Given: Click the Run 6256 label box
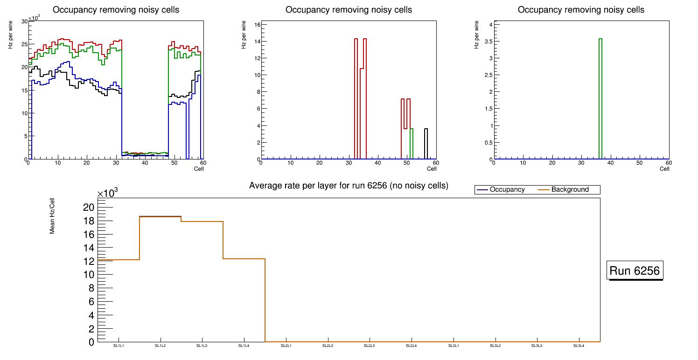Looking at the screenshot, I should [x=635, y=270].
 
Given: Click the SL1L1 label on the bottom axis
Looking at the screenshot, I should [x=119, y=346].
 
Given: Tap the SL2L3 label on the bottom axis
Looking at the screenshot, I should [x=370, y=346].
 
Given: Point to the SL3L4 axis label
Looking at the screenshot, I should [x=579, y=346].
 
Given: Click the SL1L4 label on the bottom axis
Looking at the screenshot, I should [x=244, y=346].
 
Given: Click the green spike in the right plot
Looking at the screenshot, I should [x=600, y=98].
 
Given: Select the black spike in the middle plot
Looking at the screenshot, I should [x=426, y=144].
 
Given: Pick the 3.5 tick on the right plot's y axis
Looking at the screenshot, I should [x=486, y=42].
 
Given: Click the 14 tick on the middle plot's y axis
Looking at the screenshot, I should [x=254, y=42].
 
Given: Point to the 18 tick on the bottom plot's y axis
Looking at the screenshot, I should [x=88, y=221].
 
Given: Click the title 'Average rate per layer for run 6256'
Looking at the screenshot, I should [x=349, y=186].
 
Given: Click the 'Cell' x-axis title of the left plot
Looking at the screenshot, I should [x=199, y=169].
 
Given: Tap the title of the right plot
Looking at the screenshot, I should [x=581, y=10].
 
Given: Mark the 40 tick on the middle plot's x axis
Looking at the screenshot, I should [x=377, y=163].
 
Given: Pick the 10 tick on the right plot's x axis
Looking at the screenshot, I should [x=523, y=163].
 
